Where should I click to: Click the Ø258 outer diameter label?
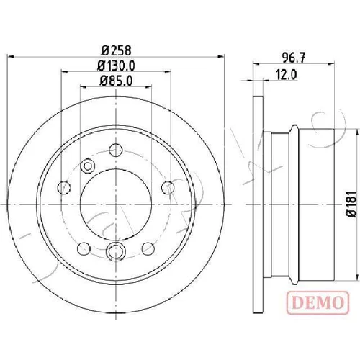(117, 50)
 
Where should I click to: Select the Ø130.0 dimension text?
(116, 66)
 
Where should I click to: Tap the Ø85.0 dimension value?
(116, 81)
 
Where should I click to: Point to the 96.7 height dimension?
(294, 58)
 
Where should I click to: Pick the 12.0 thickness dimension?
(287, 74)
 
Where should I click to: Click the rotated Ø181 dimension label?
(353, 204)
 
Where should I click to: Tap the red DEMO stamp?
(318, 302)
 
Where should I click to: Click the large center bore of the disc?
(116, 204)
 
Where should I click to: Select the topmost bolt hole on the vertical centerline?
(116, 150)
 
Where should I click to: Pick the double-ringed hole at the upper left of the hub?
(88, 166)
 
